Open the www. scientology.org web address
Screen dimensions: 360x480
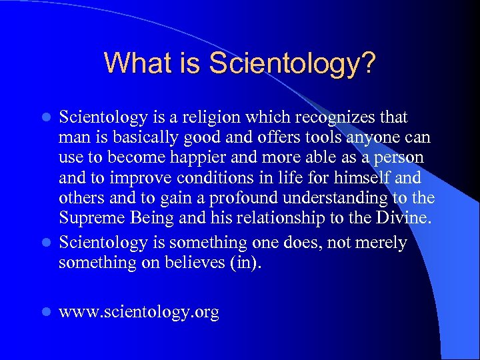(x=139, y=312)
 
